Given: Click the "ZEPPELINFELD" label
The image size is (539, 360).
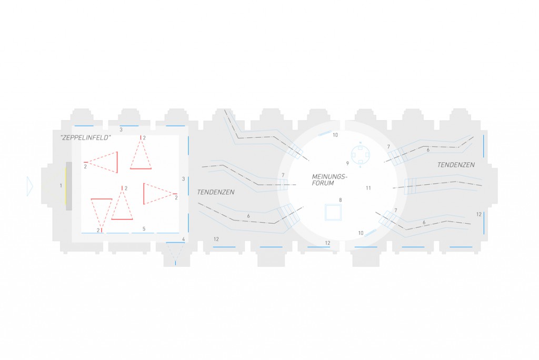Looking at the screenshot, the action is (x=86, y=138).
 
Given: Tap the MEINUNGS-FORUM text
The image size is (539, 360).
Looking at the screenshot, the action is (x=330, y=180).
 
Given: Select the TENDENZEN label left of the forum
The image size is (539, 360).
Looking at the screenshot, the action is (x=216, y=192).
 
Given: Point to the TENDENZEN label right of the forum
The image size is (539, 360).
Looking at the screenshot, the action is (x=456, y=165).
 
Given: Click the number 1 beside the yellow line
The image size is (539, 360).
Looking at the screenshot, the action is (x=61, y=186).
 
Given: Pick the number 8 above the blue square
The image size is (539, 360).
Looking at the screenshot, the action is (x=341, y=200).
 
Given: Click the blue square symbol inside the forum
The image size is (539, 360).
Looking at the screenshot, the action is (x=333, y=212).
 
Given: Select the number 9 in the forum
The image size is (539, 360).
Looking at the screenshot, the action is (x=347, y=163).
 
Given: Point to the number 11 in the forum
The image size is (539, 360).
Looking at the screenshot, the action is (x=368, y=188).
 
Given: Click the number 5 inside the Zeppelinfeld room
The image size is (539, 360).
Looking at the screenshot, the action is (x=144, y=228).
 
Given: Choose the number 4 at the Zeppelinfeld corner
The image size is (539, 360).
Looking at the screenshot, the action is (x=183, y=239).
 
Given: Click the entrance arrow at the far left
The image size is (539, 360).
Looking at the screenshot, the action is (x=29, y=186).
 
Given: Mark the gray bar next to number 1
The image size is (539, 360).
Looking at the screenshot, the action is (x=69, y=186).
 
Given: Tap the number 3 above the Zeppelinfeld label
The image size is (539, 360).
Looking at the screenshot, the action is (x=121, y=129).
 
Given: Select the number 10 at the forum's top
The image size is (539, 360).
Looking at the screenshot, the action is (x=335, y=135).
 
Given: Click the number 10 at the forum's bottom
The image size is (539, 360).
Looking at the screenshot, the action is (x=361, y=233).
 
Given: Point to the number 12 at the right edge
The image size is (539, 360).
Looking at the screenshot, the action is (x=479, y=214).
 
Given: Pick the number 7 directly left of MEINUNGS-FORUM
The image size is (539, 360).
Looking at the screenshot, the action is (x=283, y=175).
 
